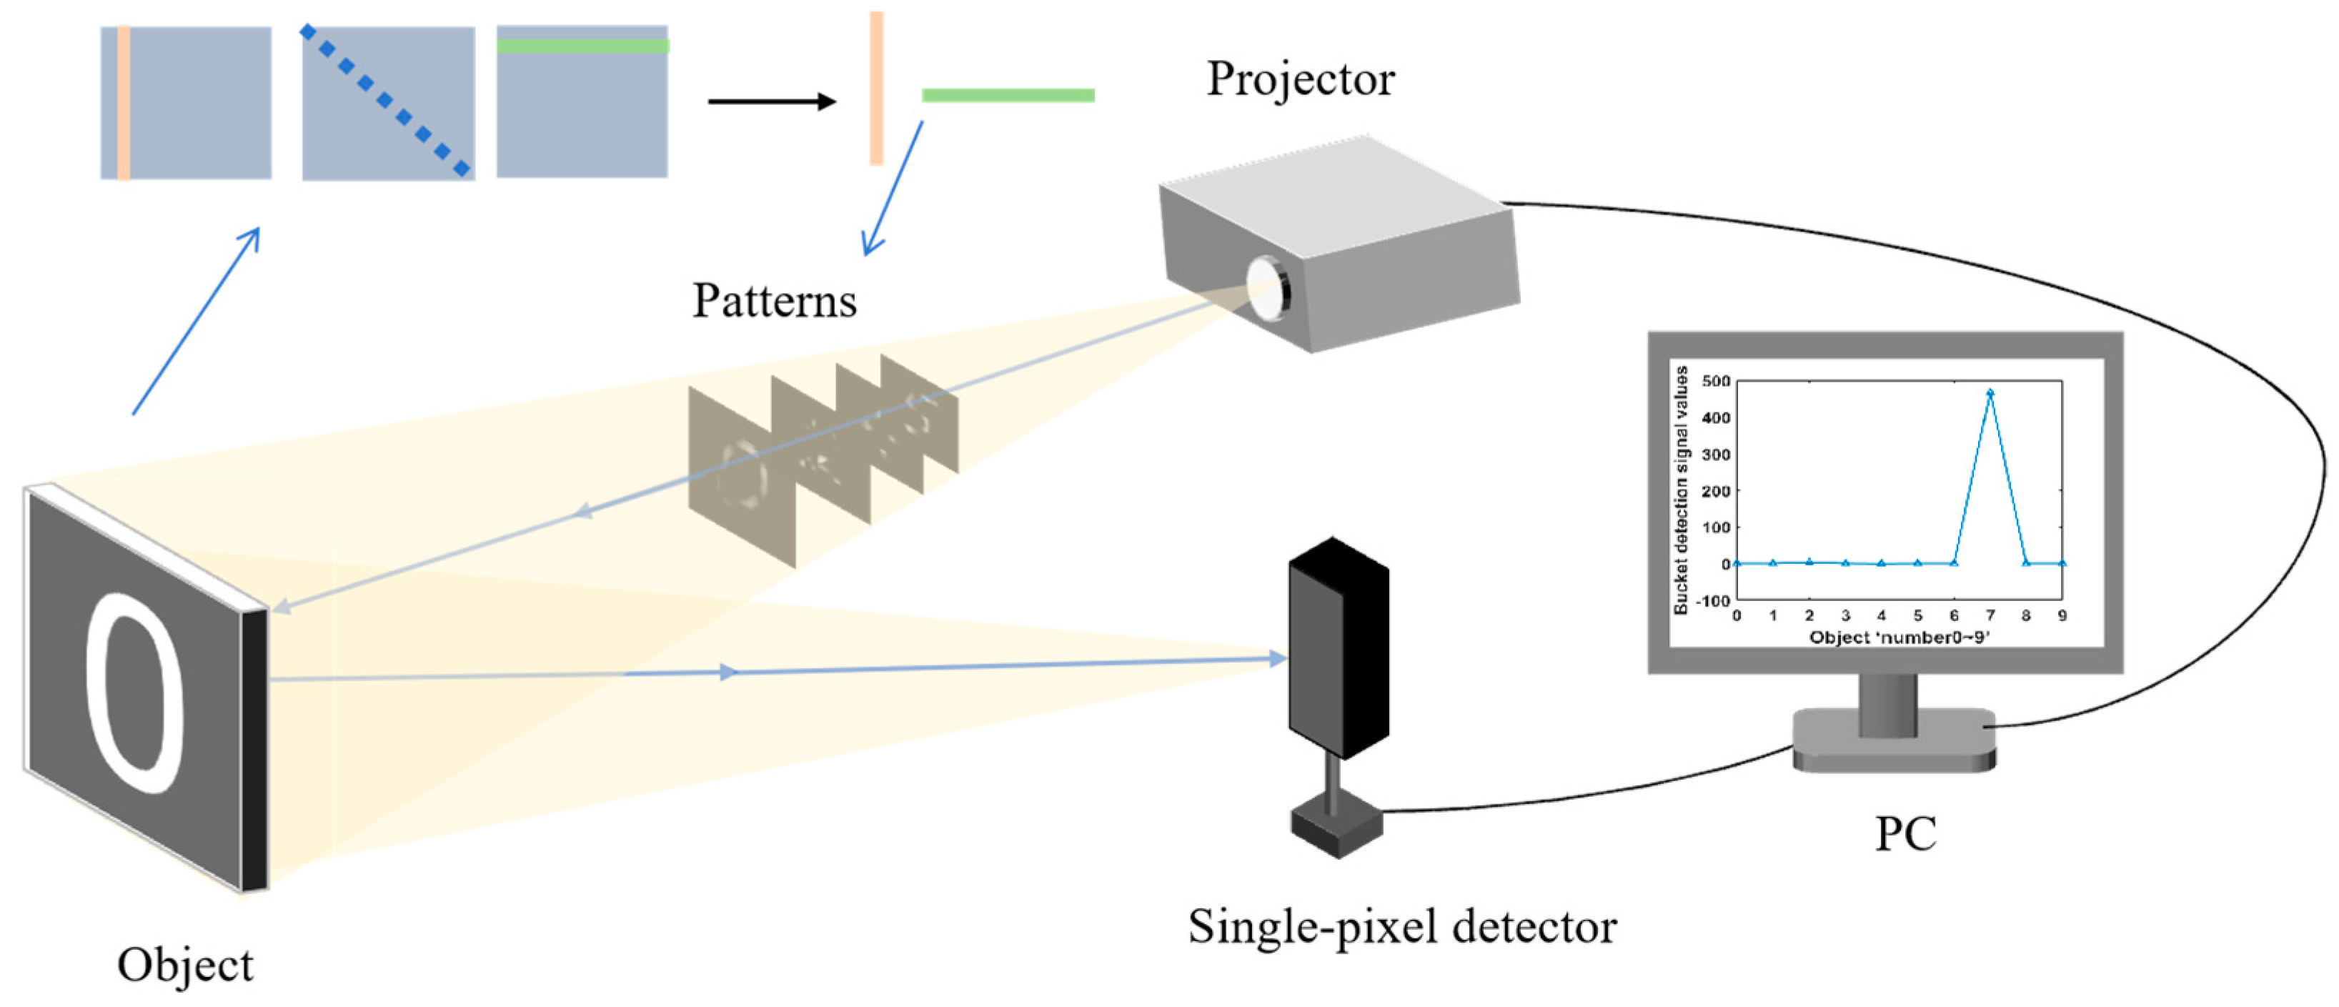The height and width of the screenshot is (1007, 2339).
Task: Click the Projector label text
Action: click(1299, 80)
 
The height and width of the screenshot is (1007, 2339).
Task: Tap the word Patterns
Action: click(774, 301)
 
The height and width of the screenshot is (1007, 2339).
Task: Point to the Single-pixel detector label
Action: click(1402, 927)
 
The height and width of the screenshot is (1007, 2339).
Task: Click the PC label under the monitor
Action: click(1905, 833)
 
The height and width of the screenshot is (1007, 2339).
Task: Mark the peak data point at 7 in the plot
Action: click(1990, 393)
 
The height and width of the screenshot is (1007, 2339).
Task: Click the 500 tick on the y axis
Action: click(1715, 382)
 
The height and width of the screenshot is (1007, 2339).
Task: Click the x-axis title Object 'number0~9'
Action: click(1899, 638)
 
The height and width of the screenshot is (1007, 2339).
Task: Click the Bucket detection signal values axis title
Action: click(1682, 490)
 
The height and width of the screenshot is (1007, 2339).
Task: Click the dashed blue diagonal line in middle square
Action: click(385, 100)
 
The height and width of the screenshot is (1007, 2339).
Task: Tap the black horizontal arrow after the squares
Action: click(771, 101)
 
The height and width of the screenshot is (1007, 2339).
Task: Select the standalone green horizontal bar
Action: click(1008, 95)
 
